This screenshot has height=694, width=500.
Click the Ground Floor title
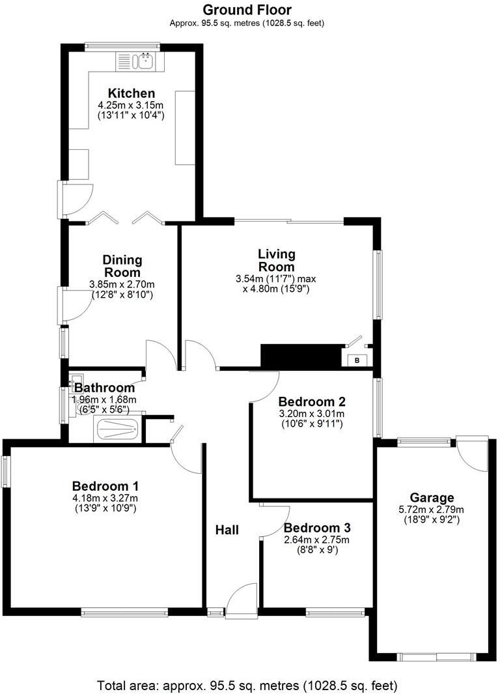[247, 10]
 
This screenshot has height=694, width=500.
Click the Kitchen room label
[132, 93]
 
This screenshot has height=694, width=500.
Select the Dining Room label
[122, 267]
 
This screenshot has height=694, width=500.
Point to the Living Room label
[276, 260]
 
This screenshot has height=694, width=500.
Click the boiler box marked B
[357, 360]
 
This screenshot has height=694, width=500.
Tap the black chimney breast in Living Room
[301, 356]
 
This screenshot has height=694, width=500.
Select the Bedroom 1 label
[105, 485]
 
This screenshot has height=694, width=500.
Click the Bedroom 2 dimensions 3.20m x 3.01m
[311, 413]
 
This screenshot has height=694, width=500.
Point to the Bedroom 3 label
[312, 528]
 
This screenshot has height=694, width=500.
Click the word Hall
[227, 530]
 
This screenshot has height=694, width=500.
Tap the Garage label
[432, 499]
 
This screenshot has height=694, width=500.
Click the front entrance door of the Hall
[242, 600]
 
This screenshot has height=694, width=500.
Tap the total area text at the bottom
[247, 685]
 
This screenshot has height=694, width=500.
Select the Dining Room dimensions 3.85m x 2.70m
[122, 285]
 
